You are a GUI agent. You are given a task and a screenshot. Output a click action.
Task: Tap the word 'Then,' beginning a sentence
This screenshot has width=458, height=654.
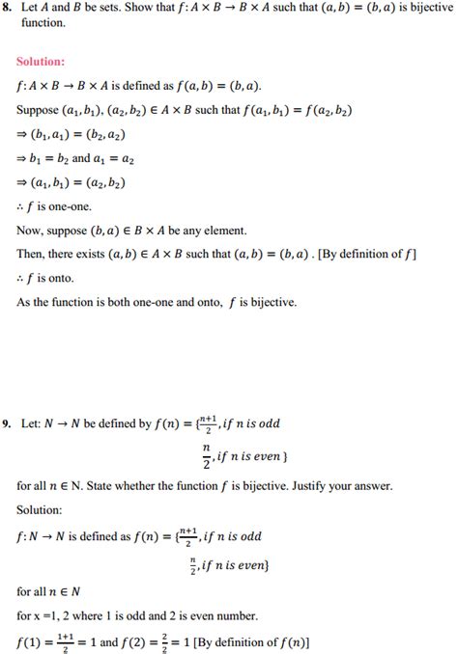(x=32, y=255)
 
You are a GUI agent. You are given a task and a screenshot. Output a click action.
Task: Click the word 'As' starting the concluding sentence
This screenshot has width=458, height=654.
(x=24, y=302)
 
